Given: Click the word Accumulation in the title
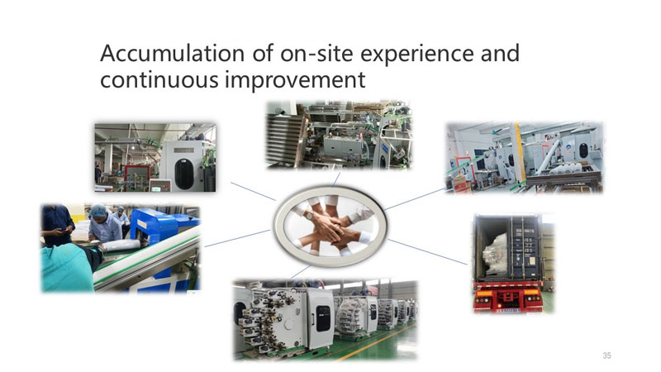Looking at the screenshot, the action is click(x=173, y=53).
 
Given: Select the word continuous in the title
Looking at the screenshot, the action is click(x=159, y=79).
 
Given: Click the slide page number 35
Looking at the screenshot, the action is click(x=606, y=355).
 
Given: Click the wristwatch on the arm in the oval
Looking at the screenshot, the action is click(x=309, y=215).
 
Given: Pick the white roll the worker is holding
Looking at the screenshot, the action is click(x=121, y=245).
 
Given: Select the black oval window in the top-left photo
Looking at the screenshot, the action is click(x=183, y=174).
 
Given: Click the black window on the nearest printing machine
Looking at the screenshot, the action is click(x=322, y=318).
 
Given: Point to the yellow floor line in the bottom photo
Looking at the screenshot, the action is click(x=371, y=343).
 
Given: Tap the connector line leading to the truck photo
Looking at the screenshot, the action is click(x=427, y=252).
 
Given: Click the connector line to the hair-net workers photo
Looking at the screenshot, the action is click(x=237, y=238).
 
